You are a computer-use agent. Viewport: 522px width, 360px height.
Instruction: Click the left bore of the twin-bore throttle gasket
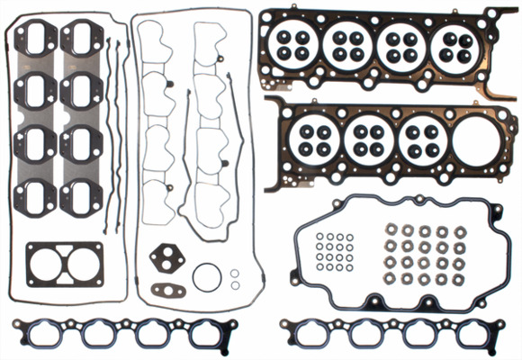44,267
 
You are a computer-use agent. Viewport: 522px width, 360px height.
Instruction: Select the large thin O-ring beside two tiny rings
207,276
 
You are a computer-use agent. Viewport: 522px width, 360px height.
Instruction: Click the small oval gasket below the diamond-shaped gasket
167,291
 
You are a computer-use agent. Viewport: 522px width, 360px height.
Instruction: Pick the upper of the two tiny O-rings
235,272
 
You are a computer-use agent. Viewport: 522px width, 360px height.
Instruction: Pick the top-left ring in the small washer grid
320,237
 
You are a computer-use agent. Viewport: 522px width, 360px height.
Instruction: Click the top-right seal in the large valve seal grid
459,231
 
